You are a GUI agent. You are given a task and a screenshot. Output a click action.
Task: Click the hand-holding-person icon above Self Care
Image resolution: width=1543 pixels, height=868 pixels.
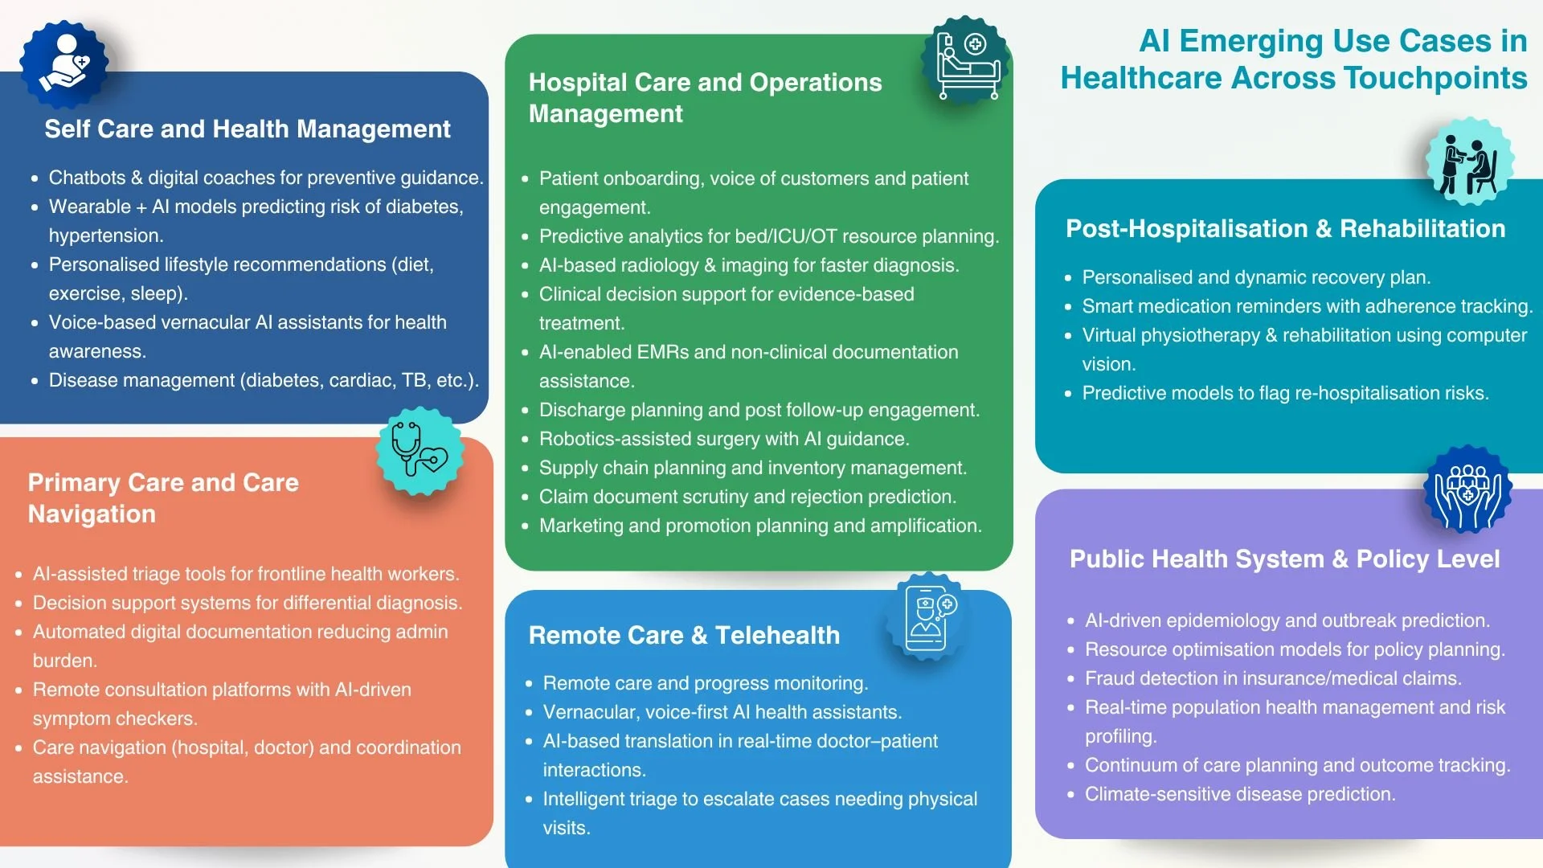[63, 63]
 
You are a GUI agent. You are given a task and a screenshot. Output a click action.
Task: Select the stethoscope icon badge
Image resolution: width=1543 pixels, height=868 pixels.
[420, 451]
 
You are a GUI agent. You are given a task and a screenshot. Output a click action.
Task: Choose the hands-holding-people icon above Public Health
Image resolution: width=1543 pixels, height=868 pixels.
[1467, 491]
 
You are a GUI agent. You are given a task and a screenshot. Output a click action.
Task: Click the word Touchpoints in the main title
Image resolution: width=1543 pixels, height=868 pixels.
[1435, 78]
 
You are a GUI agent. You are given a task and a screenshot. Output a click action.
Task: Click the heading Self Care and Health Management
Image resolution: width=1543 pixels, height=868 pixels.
[248, 129]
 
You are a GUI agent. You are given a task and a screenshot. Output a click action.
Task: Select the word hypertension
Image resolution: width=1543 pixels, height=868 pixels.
[104, 235]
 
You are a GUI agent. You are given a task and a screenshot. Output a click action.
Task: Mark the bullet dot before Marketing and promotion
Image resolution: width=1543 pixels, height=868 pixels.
[525, 526]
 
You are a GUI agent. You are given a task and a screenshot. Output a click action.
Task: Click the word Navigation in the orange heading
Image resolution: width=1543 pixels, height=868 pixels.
[92, 514]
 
